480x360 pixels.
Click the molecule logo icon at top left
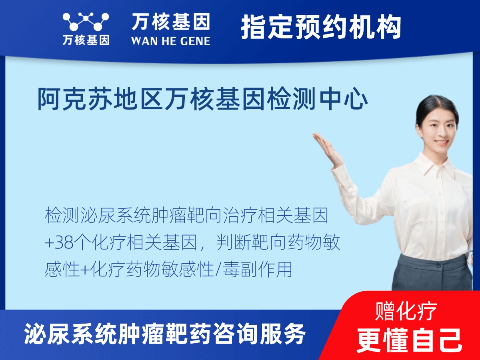(x=86, y=22)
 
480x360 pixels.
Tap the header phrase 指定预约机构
(x=321, y=27)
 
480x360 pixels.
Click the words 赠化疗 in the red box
(x=406, y=311)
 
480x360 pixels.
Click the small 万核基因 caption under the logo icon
(x=86, y=40)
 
